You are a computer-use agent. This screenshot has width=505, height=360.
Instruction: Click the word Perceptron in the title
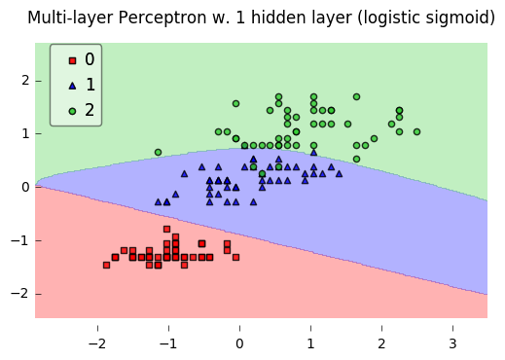click(x=169, y=18)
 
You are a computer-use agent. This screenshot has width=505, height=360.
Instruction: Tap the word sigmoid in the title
click(x=456, y=18)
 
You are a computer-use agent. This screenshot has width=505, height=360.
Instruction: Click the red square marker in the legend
click(x=71, y=60)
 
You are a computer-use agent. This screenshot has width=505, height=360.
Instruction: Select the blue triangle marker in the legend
click(x=71, y=86)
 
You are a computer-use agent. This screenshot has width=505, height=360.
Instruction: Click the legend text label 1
click(x=90, y=86)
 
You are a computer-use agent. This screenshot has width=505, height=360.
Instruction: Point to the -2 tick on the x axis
click(x=97, y=343)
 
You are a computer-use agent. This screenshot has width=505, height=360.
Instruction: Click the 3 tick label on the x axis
click(x=452, y=343)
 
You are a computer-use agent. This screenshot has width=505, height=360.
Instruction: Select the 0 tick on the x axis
click(x=239, y=343)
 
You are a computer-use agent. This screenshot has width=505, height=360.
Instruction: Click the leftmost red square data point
click(x=106, y=265)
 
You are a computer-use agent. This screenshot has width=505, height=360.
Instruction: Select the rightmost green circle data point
click(x=416, y=131)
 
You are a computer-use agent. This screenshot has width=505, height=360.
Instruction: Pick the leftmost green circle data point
click(x=158, y=152)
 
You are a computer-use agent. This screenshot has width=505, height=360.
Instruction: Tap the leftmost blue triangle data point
click(x=158, y=202)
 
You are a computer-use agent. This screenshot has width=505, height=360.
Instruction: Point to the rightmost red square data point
click(x=235, y=257)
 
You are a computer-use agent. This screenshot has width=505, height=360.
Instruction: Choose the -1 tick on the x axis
click(x=168, y=343)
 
